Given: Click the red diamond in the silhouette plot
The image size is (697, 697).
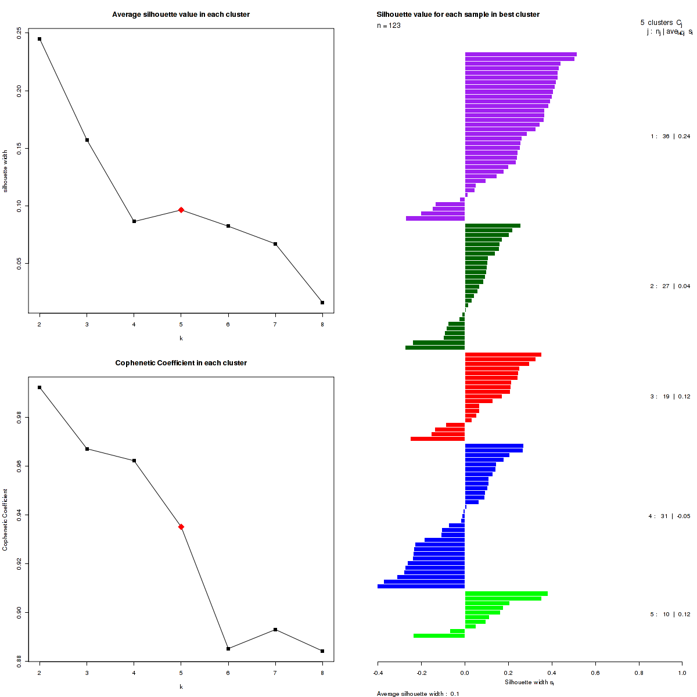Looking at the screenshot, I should coord(181,210).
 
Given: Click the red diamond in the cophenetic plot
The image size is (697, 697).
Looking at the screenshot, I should coord(181,527).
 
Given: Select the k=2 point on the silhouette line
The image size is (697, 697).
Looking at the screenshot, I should coord(39,39).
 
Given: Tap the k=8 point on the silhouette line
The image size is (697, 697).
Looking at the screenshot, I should coord(322,303).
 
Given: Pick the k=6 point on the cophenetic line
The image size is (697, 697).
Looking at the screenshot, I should coord(228,649).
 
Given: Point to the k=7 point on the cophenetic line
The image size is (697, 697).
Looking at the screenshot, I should coord(275,630).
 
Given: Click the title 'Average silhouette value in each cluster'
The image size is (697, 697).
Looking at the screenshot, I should coord(181,15).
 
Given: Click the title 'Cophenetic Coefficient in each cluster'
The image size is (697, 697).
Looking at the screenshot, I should coord(181,363).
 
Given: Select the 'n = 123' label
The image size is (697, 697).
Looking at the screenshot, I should coord(389,26).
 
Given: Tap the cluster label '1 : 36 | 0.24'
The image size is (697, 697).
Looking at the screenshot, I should coord(670,136).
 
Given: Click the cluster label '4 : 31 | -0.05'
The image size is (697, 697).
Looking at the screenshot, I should coord(669,516).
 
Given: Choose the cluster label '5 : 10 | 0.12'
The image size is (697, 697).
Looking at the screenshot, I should coord(670,615).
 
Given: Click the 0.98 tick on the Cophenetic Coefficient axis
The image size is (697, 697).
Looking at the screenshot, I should coord(20,417).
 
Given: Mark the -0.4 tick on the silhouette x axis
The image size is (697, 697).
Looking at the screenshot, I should coord(378,673).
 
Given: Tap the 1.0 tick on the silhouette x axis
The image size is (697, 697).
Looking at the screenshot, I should coord(682,673).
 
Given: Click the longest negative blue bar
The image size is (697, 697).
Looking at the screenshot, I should coord(421,587).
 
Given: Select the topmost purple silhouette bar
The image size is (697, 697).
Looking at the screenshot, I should coord(520,54).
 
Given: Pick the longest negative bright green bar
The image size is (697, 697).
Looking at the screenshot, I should coord(439,636).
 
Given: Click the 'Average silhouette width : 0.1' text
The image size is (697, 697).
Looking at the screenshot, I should coord(418,694).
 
